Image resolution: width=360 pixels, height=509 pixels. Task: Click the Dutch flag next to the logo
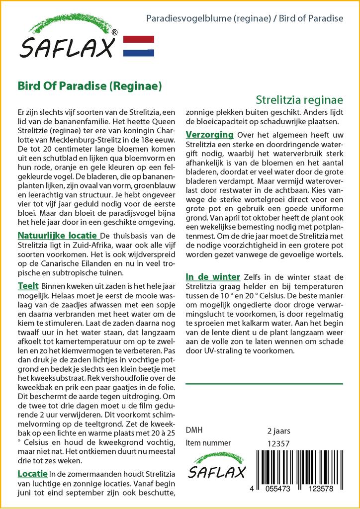(x=138, y=46)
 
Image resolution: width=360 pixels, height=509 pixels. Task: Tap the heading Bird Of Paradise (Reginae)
(x=90, y=85)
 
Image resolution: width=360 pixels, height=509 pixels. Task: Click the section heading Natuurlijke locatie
(x=58, y=235)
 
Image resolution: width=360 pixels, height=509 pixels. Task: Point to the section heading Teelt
(x=28, y=287)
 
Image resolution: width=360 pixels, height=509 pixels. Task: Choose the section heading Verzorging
(x=209, y=135)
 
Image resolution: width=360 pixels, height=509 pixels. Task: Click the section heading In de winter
(x=213, y=276)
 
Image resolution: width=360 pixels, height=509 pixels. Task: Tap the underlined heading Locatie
(x=32, y=473)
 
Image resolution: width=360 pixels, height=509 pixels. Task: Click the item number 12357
(x=278, y=443)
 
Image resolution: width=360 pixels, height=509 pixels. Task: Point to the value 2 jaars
(x=278, y=430)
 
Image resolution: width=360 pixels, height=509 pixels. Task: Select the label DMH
(x=194, y=430)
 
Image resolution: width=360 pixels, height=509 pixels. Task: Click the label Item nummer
(x=208, y=443)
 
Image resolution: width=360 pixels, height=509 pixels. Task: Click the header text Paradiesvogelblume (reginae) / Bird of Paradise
(x=245, y=18)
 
